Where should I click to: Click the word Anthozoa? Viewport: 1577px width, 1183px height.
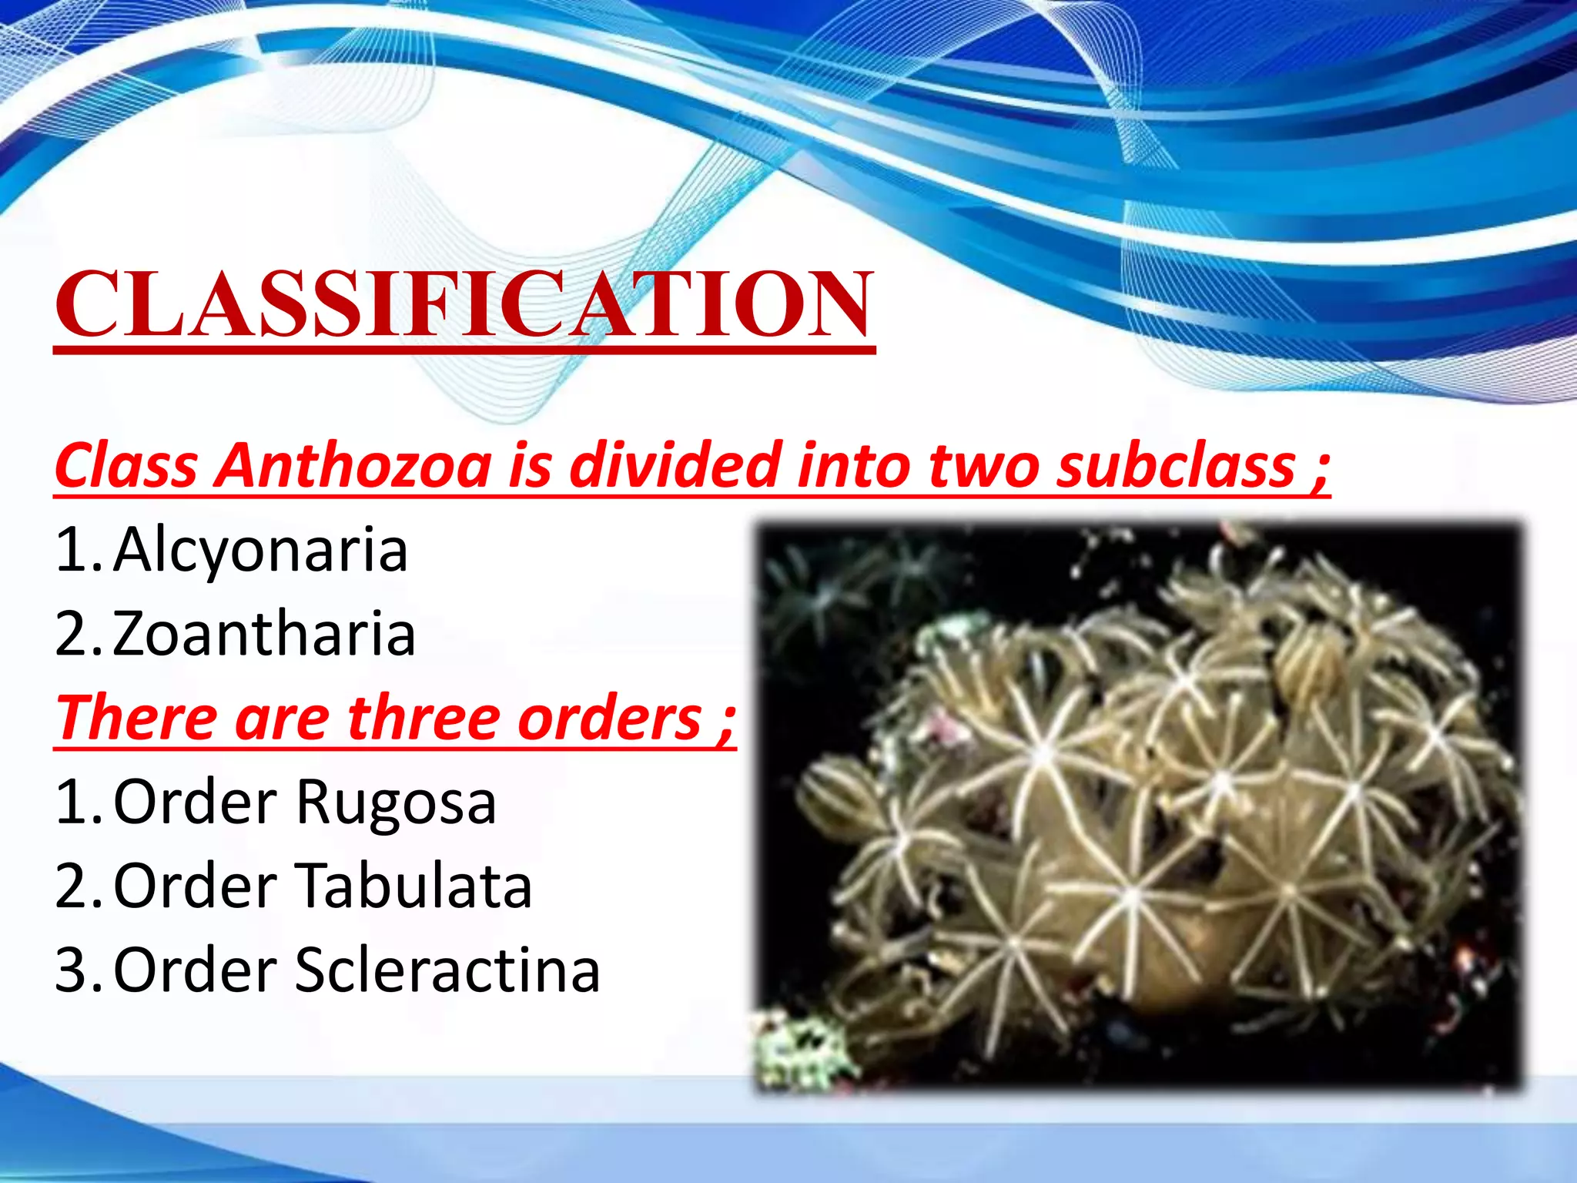pyautogui.click(x=353, y=466)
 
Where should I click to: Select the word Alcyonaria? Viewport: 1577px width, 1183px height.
pyautogui.click(x=260, y=550)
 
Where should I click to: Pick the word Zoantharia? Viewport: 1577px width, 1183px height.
pyautogui.click(x=264, y=634)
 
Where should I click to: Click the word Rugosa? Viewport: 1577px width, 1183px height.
pyautogui.click(x=396, y=803)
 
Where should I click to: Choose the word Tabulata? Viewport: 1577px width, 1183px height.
pyautogui.click(x=414, y=886)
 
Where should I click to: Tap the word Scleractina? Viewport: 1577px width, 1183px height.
pyautogui.click(x=447, y=970)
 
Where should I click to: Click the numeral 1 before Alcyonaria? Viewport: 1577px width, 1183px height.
pyautogui.click(x=73, y=550)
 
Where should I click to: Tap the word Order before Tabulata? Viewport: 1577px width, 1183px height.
pyautogui.click(x=195, y=886)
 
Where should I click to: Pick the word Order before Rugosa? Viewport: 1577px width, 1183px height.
pyautogui.click(x=195, y=803)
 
